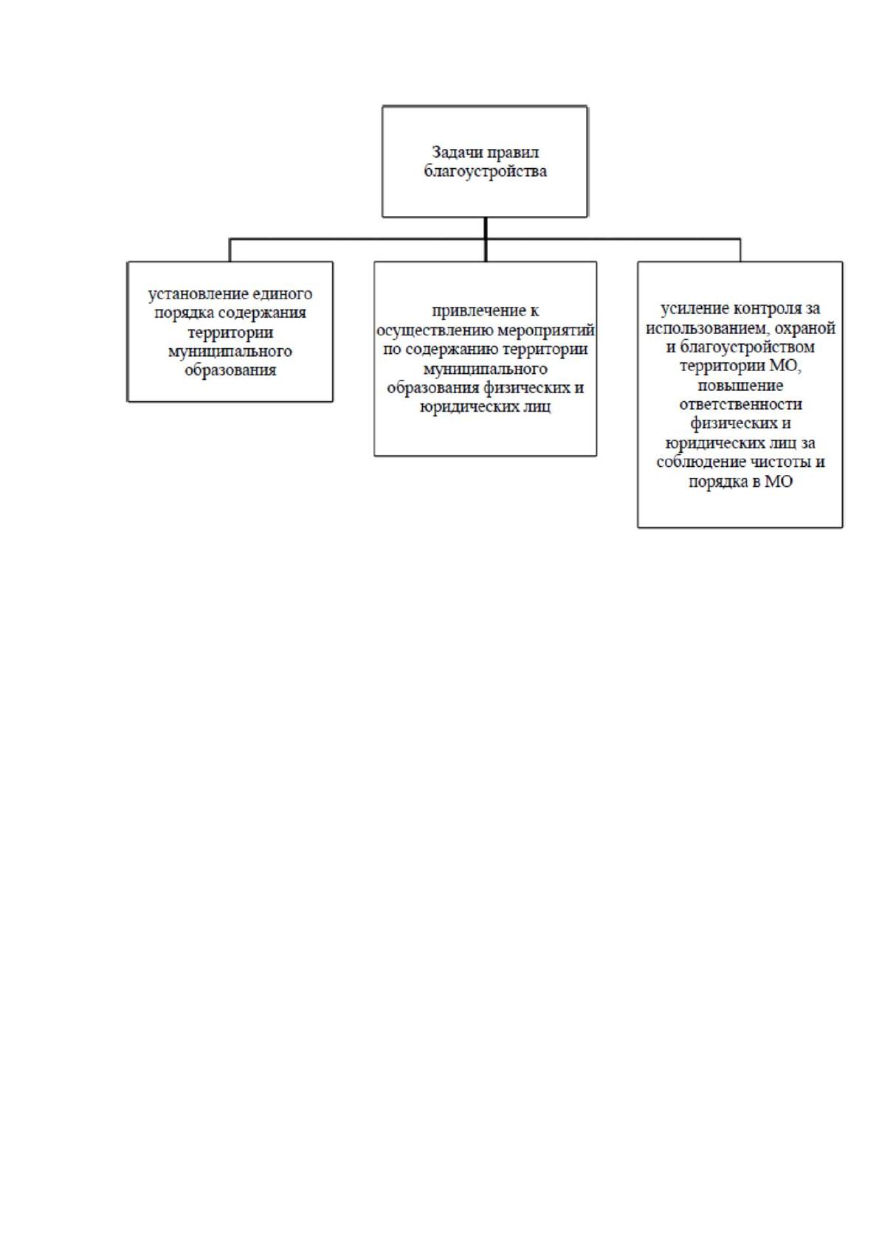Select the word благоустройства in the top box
[x=485, y=171]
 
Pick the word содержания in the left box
[x=262, y=314]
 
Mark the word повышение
[x=740, y=386]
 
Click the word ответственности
[x=740, y=405]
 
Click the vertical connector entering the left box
[x=230, y=250]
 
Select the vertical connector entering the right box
[x=740, y=250]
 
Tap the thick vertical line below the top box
[x=486, y=239]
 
